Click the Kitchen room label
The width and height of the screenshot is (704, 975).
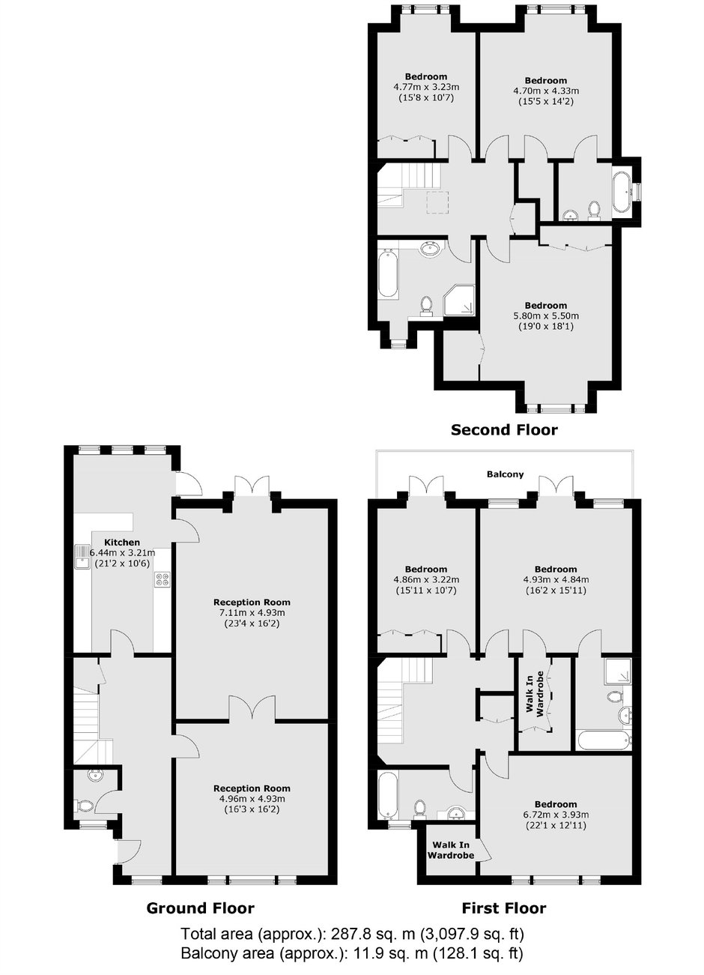tap(122, 543)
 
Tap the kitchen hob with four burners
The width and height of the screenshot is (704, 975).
tap(163, 580)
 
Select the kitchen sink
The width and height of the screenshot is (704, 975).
tap(82, 557)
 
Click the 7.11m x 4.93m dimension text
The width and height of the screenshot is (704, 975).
tap(252, 613)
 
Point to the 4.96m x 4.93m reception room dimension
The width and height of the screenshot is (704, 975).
tap(252, 799)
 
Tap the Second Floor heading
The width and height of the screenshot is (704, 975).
tap(504, 429)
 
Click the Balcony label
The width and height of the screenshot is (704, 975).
tap(505, 474)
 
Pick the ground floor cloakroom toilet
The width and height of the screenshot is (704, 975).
tap(84, 805)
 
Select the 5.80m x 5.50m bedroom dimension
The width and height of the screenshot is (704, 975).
tap(546, 316)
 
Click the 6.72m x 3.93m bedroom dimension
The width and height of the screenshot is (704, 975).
tap(556, 815)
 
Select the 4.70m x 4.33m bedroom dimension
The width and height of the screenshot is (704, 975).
tap(546, 91)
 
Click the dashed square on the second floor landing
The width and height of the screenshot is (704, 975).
tap(439, 202)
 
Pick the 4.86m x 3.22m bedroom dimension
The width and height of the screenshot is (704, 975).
tap(426, 580)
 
